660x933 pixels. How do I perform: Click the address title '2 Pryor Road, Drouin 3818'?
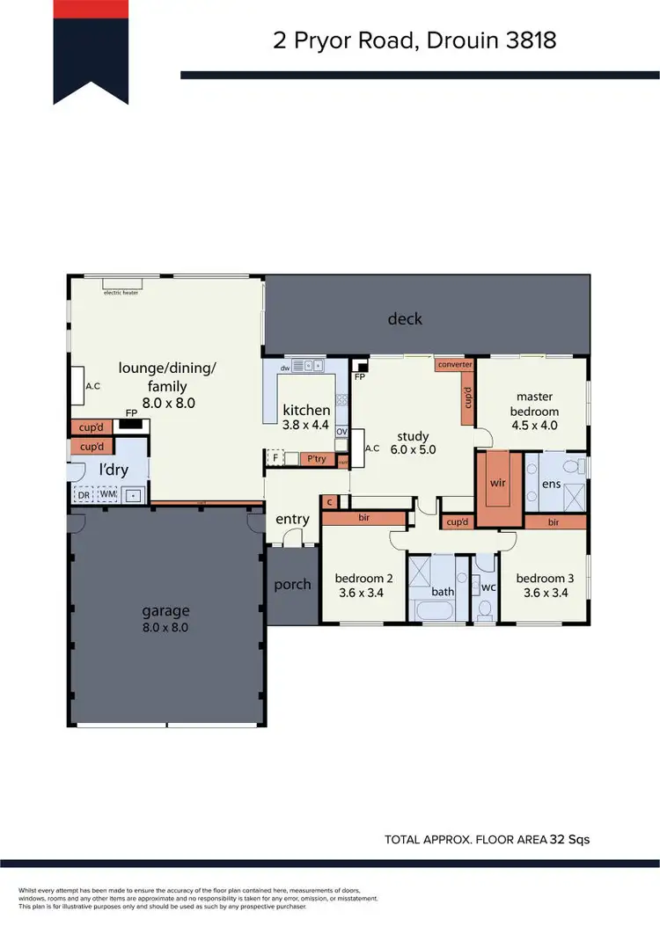(x=413, y=40)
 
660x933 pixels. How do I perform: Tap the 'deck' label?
(x=405, y=318)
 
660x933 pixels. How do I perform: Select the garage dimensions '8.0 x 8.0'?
(x=165, y=628)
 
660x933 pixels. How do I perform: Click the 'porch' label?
(x=292, y=584)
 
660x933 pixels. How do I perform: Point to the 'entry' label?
(x=292, y=519)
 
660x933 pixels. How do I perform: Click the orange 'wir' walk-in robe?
(x=498, y=484)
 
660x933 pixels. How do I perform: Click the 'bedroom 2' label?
(x=363, y=578)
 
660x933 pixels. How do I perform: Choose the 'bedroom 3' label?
(x=545, y=578)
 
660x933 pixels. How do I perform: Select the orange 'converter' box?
(x=455, y=364)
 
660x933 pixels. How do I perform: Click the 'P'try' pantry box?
(x=314, y=458)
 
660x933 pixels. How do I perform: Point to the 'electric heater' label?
(x=121, y=292)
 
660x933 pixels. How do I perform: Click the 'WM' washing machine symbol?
(x=106, y=494)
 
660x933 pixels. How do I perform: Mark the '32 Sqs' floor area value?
(x=568, y=840)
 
